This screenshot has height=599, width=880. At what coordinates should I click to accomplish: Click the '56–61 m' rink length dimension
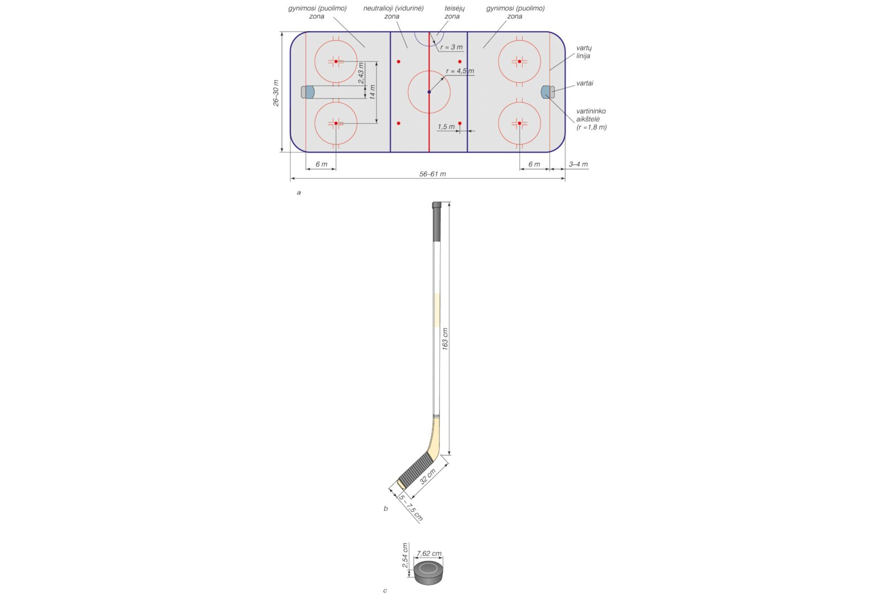(x=432, y=174)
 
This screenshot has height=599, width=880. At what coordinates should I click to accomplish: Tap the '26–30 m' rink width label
(x=276, y=93)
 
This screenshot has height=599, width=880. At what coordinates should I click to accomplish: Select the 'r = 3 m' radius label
(x=452, y=47)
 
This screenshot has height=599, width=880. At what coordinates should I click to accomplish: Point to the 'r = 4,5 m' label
(x=460, y=71)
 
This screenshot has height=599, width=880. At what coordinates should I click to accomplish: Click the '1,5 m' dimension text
(x=446, y=127)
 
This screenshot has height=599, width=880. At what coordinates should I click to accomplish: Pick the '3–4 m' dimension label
(x=578, y=164)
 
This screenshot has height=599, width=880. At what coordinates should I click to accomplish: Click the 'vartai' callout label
(x=585, y=83)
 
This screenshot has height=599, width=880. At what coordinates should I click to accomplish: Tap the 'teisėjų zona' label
(x=454, y=12)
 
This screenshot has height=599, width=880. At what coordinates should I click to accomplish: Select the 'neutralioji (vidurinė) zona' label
(x=393, y=12)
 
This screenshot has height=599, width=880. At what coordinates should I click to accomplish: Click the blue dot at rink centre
(x=429, y=92)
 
